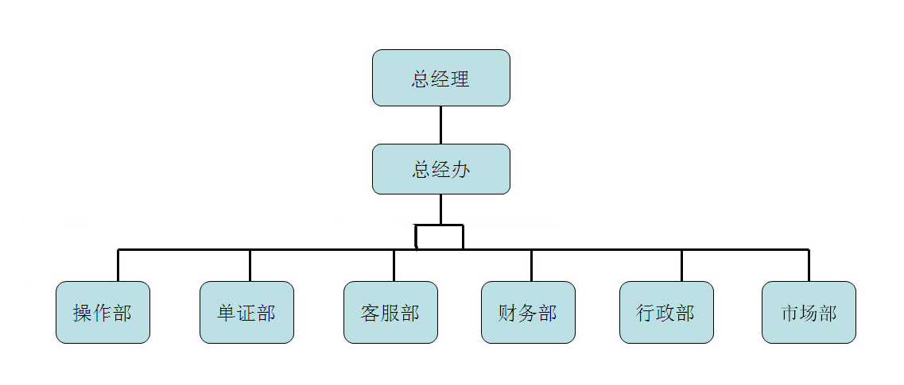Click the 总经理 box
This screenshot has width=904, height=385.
point(440,78)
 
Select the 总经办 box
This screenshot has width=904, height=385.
point(440,169)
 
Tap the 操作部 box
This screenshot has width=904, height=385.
point(103,312)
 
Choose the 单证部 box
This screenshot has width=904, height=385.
point(246,312)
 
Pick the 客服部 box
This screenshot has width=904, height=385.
point(390,312)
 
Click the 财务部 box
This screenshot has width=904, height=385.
point(528,312)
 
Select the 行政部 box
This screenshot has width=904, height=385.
point(666,312)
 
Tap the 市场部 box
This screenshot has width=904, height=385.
point(809,312)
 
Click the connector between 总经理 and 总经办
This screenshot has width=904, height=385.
point(440,125)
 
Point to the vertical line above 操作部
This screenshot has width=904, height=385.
point(118,265)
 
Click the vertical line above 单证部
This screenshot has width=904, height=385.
point(250,265)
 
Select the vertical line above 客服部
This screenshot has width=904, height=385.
point(394,265)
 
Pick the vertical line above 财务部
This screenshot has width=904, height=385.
point(531,265)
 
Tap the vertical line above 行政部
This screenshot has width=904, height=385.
point(681,265)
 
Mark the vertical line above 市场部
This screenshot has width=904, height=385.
point(809,265)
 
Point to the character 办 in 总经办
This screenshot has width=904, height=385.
point(460,170)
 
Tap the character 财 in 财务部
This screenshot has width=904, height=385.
point(508,313)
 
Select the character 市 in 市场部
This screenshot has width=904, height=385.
point(790,313)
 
